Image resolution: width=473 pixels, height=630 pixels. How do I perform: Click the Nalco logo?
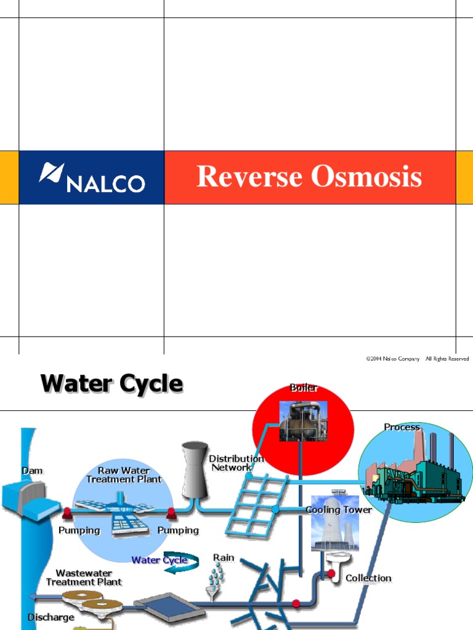92,177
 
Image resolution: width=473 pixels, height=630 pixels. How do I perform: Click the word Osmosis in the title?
366,177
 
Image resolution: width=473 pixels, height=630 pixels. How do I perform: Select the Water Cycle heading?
111,384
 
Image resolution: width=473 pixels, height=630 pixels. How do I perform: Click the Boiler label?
304,388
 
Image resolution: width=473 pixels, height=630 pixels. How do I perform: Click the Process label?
402,427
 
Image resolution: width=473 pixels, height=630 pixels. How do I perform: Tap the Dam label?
33,471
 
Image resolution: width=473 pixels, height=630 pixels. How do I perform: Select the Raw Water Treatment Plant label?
124,475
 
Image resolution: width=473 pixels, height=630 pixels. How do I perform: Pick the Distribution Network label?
236,463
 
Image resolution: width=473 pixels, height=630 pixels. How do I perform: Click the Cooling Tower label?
339,509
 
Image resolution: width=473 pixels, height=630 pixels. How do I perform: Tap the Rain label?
224,557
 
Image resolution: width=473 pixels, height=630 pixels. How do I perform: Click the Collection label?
368,578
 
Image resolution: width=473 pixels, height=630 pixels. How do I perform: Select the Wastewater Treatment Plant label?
84,578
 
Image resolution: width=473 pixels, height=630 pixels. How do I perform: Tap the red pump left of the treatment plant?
67,511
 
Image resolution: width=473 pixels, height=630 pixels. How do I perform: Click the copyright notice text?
418,359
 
